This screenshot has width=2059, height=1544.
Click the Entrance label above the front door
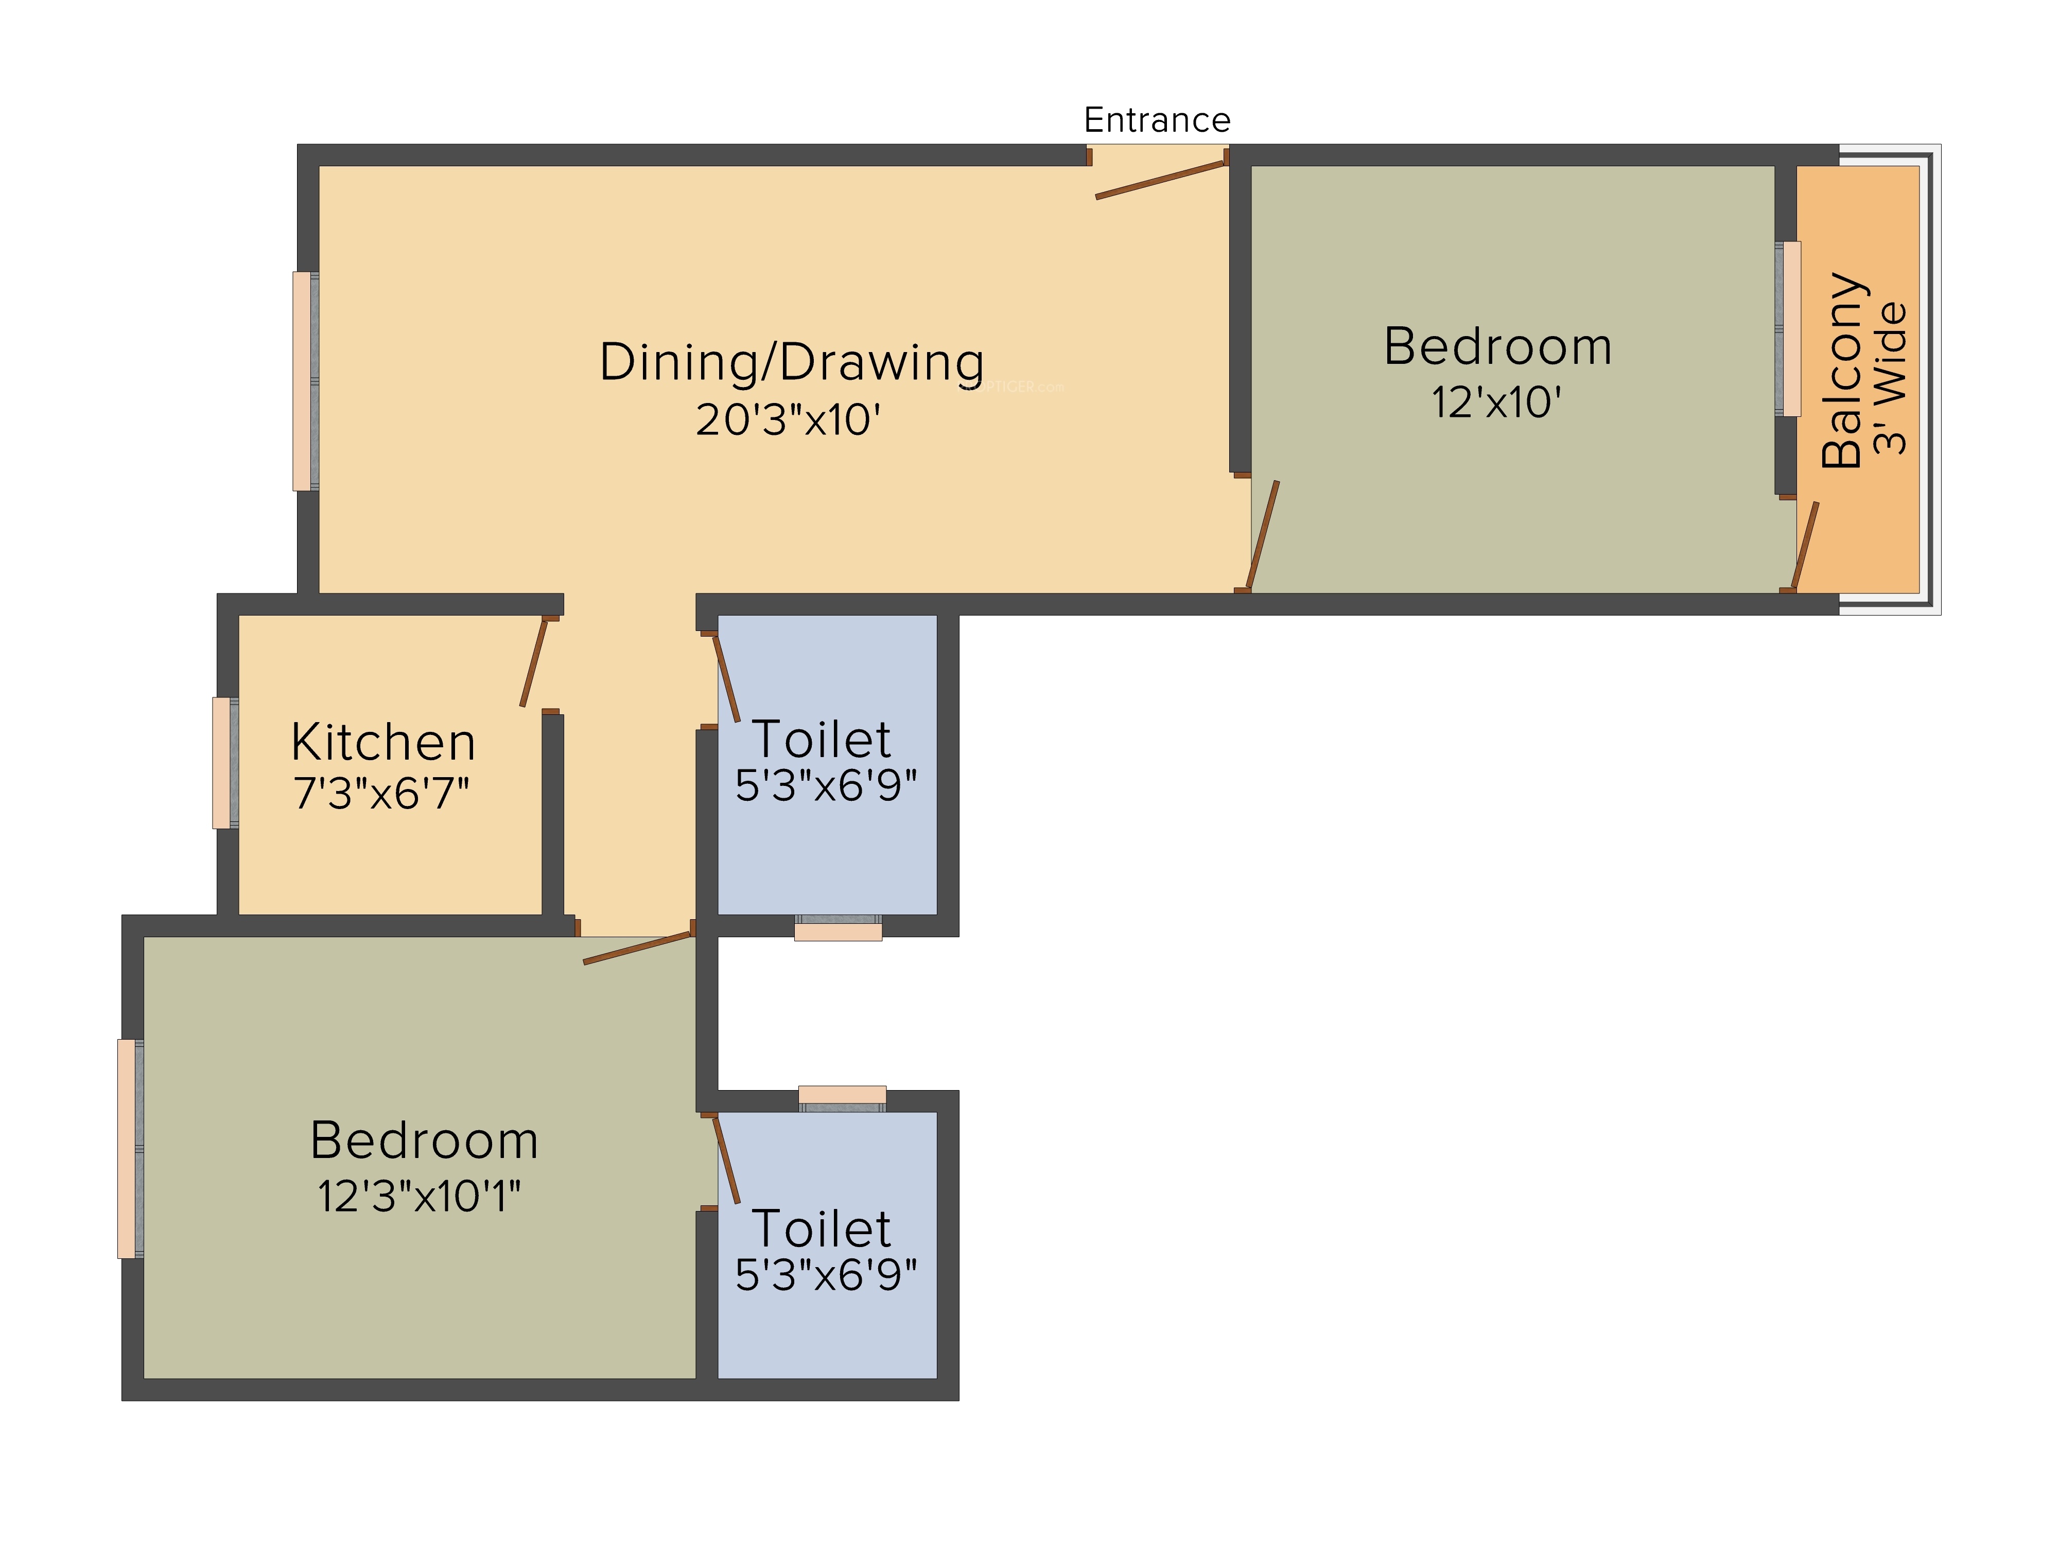coord(1157,120)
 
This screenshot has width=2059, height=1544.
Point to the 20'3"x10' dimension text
coord(788,420)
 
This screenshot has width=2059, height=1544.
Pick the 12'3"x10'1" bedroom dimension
coord(419,1197)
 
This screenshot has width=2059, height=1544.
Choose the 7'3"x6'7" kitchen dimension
coord(381,794)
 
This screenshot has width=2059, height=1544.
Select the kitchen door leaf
coord(533,663)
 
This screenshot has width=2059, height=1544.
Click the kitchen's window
coord(225,762)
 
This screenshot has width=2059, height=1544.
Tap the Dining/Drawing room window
coord(305,381)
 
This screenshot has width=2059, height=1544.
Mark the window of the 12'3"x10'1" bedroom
coord(130,1148)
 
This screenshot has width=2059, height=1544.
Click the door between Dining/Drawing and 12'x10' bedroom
coord(1263,536)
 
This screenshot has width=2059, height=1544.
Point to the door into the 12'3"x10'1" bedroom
coord(639,949)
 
